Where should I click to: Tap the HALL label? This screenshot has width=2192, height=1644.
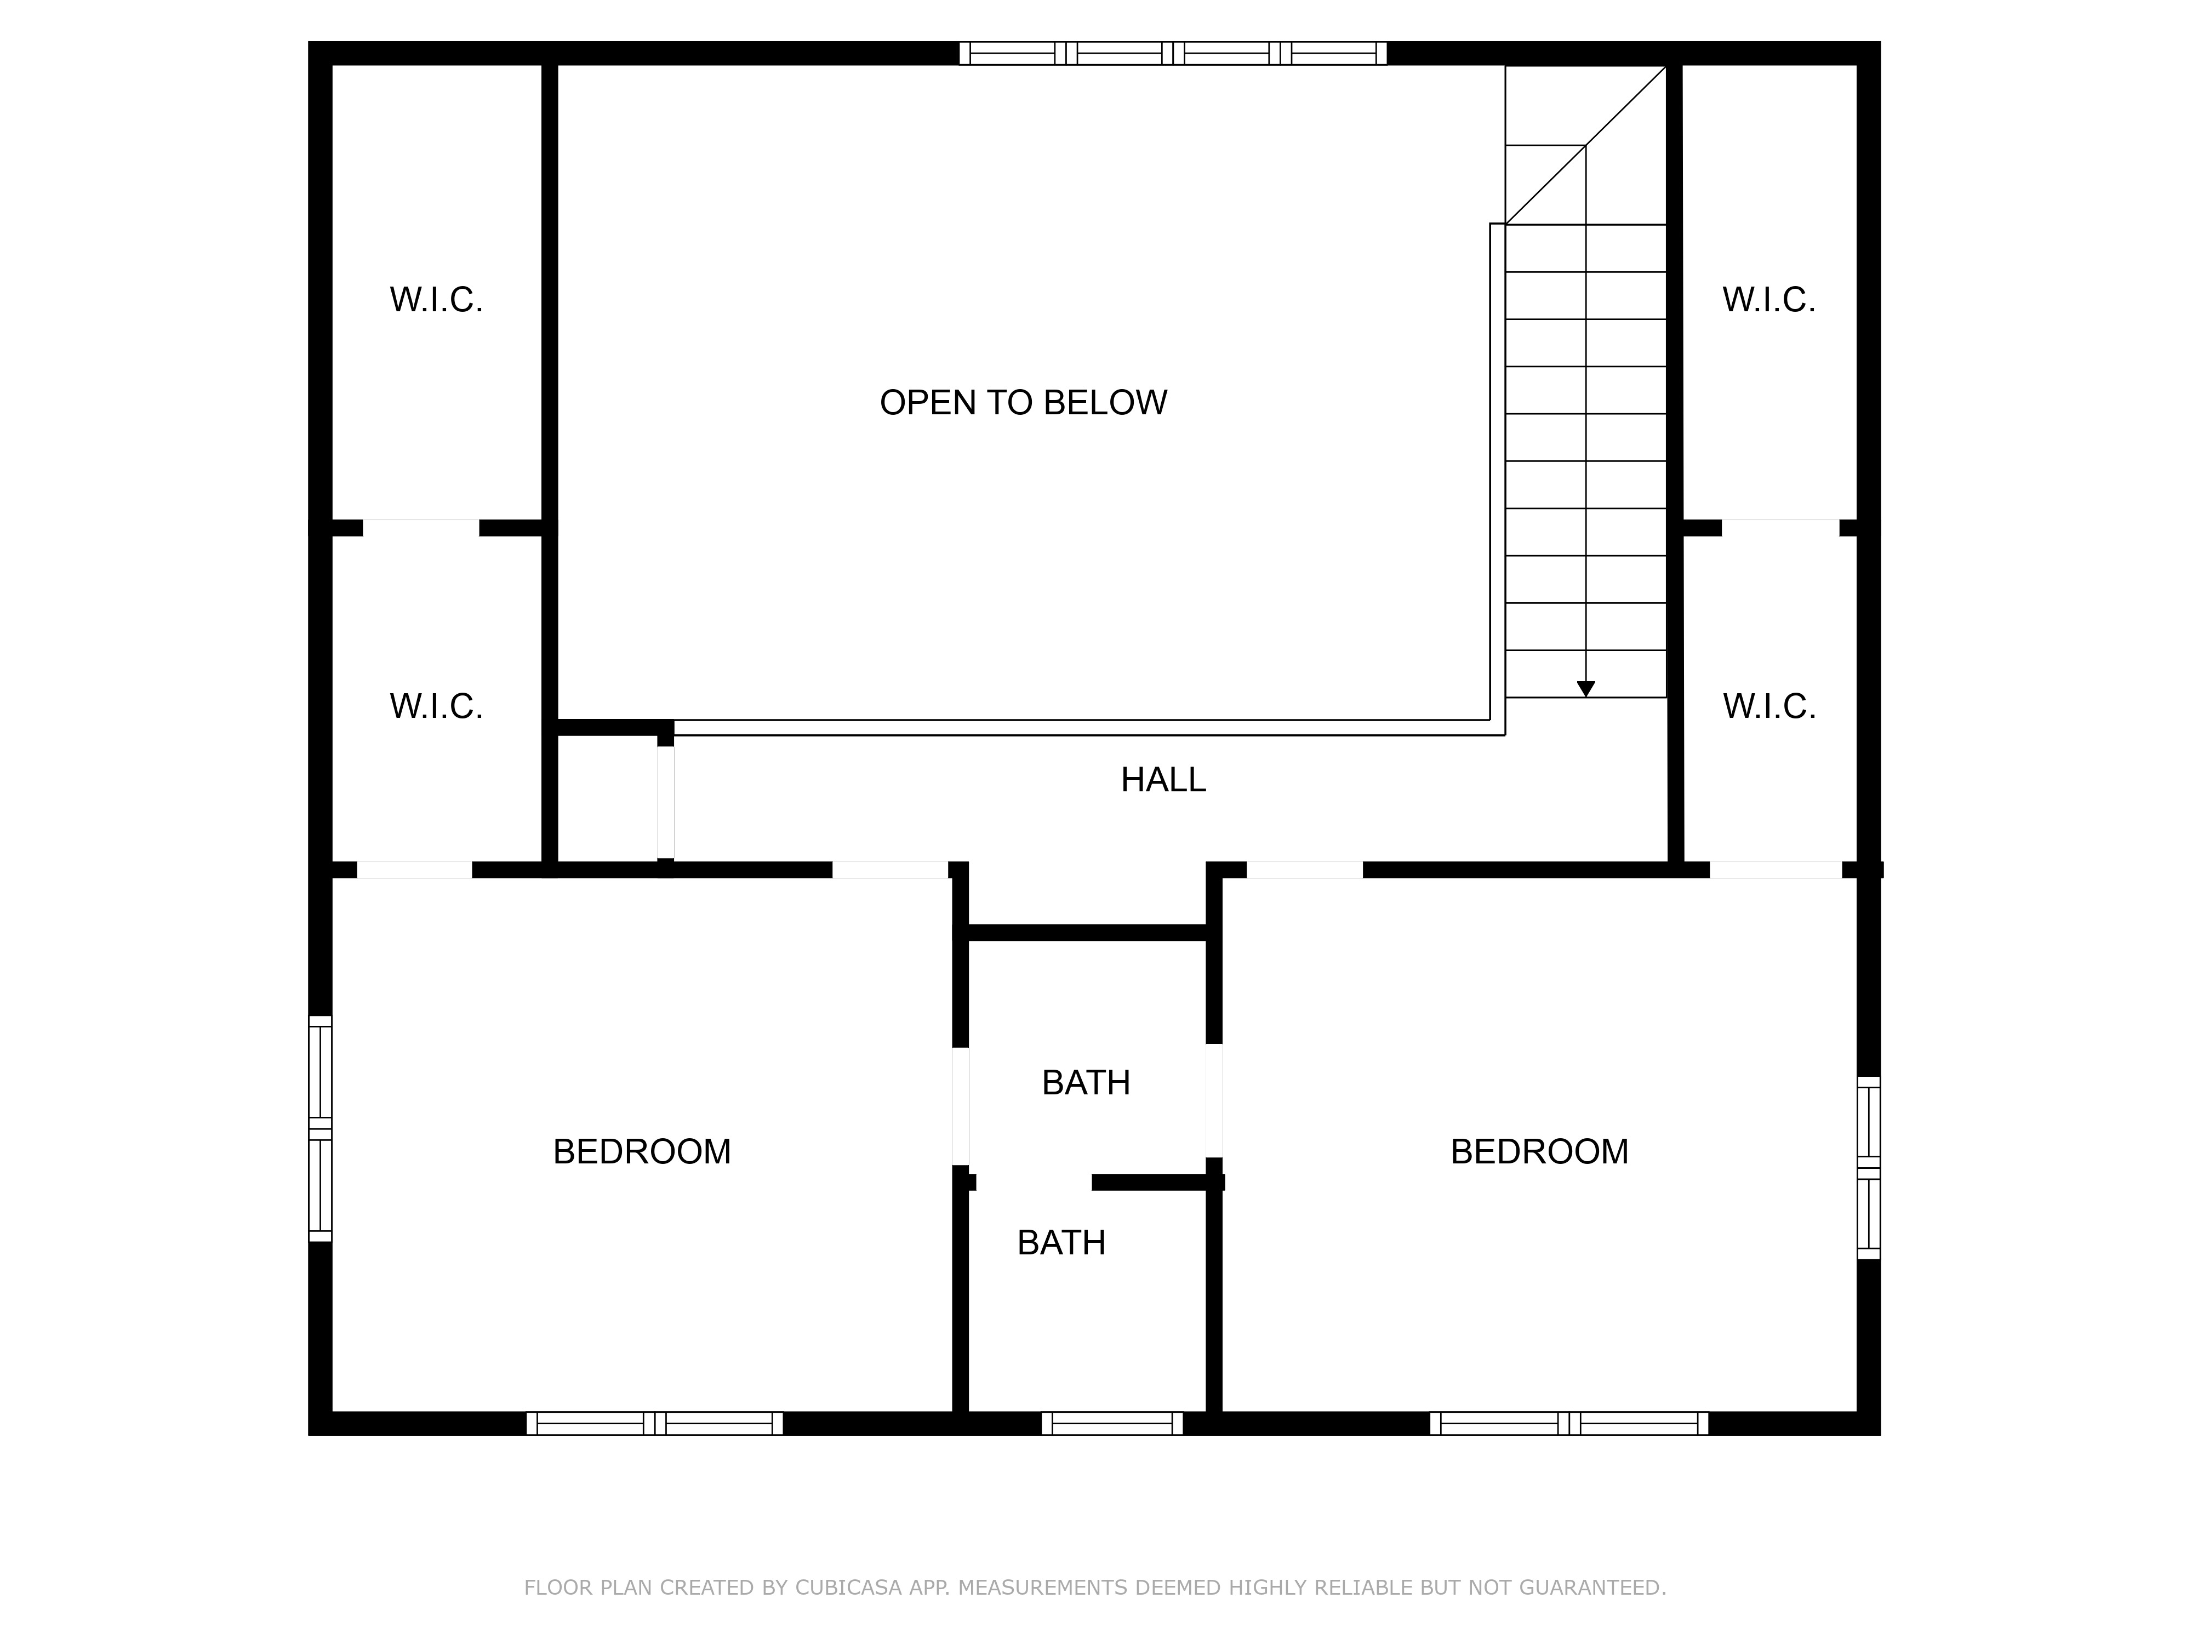1163,780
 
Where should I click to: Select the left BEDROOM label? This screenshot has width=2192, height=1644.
642,1151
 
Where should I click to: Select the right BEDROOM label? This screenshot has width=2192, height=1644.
1539,1151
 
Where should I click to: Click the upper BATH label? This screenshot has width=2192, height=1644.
1086,1083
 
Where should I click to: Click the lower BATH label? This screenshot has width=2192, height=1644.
1061,1243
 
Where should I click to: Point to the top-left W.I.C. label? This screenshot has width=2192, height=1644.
436,299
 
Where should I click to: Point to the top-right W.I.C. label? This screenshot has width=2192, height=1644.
1769,299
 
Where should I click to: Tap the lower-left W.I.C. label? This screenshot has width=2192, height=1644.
436,706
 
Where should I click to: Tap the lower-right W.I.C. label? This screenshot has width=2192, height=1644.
1769,706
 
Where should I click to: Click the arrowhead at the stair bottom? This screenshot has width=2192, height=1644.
1585,689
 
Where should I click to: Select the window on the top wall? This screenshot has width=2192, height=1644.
1172,54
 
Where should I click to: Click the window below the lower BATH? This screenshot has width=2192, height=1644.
1112,1423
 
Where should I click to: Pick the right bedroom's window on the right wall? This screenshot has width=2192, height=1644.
1868,1167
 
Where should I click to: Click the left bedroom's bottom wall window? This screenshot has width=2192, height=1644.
654,1423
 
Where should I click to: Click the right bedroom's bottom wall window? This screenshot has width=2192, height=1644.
1569,1423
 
